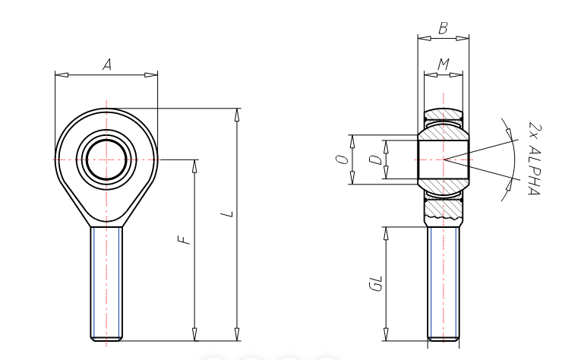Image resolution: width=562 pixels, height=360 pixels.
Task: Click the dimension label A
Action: coord(107,65)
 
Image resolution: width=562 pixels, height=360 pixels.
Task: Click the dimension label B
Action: coord(443,28)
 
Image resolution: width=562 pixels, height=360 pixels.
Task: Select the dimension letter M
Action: coord(443,65)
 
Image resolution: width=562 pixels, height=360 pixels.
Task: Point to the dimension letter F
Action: coord(183,241)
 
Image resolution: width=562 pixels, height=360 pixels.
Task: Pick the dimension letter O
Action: coord(343,159)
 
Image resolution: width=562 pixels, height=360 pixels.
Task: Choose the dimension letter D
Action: coord(374,159)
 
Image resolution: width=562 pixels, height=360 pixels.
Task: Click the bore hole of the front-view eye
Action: coord(107,159)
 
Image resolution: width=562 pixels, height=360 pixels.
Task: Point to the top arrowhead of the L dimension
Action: coord(238,114)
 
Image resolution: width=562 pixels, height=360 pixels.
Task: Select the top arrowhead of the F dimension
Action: coord(195,165)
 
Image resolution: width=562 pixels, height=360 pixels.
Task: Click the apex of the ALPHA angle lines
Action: coord(444,159)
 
